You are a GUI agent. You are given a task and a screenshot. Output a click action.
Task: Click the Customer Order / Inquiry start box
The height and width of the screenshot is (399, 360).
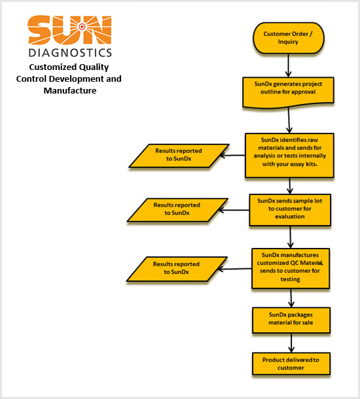(289, 38)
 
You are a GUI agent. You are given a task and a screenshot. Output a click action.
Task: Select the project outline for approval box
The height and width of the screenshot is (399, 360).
(288, 92)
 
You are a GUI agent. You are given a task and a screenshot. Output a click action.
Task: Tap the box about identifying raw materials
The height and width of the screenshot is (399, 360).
(289, 155)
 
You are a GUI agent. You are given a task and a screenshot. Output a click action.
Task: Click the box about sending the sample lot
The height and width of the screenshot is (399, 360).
(290, 210)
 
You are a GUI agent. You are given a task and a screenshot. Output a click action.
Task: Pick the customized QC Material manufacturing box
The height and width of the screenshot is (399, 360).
(291, 268)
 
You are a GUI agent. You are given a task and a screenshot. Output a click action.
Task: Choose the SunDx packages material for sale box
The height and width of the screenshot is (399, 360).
(291, 320)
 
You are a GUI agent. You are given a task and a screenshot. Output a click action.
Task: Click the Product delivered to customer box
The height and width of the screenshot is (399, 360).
(291, 364)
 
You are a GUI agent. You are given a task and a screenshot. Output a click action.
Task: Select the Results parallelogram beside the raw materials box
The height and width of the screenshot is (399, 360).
(179, 156)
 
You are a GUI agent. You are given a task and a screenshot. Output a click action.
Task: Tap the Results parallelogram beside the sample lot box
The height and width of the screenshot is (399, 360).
(177, 210)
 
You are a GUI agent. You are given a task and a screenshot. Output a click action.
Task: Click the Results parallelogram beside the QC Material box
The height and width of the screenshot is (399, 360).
(177, 269)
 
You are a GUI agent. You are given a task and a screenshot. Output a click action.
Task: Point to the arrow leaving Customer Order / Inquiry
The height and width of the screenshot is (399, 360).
(288, 65)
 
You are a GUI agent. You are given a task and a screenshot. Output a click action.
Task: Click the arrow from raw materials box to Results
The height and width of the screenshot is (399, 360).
(232, 155)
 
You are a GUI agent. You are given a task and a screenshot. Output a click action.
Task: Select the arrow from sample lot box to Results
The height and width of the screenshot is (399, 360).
(234, 210)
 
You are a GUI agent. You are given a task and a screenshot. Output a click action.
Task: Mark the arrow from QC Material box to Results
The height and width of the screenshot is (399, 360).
(235, 269)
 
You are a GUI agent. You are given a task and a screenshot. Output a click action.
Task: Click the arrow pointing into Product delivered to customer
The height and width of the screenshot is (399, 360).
(291, 343)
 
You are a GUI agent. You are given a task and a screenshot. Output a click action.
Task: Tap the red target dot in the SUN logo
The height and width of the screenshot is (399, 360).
(82, 26)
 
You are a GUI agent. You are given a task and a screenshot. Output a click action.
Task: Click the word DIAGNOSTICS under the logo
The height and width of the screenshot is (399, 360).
(70, 53)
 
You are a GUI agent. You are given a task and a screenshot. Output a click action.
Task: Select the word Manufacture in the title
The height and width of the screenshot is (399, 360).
(70, 90)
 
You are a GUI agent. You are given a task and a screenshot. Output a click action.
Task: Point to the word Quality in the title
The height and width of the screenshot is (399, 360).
(94, 67)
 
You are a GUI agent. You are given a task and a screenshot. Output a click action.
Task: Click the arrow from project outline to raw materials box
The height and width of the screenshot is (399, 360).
(289, 120)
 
